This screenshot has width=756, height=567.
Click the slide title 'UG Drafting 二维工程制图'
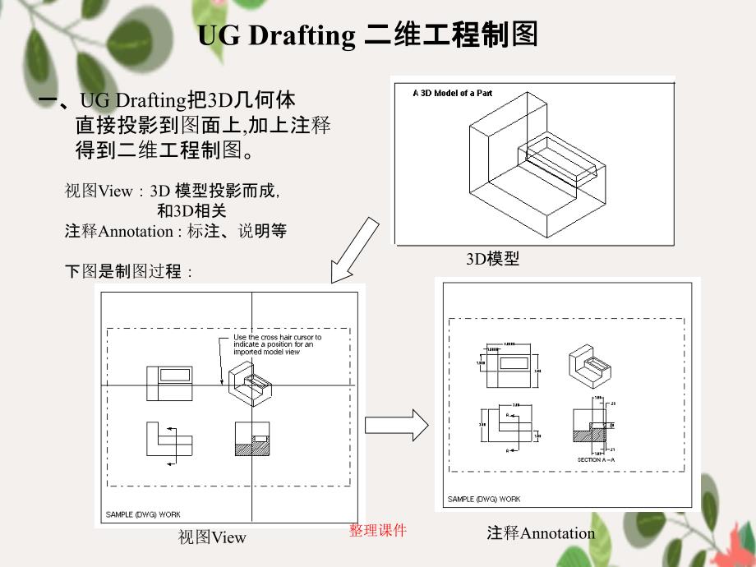coord(367,35)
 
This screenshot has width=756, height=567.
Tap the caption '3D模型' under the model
coord(493,259)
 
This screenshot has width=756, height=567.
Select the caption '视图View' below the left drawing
coord(212,537)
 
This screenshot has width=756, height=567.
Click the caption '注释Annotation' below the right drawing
coord(541,533)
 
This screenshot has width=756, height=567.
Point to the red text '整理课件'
coord(378,531)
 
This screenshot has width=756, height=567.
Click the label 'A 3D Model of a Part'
coord(452,94)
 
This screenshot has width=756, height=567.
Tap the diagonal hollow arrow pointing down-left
coord(354,250)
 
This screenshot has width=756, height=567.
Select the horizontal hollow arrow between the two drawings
coord(396,426)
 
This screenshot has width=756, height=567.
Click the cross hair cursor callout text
coord(277,344)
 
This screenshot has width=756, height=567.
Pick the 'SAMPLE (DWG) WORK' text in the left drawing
coord(142,515)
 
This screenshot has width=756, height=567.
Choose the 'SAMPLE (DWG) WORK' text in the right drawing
coord(484,499)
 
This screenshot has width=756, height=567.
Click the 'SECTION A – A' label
coord(596,459)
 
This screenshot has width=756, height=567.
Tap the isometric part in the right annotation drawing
coord(588,366)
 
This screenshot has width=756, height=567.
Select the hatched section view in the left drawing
coord(251,440)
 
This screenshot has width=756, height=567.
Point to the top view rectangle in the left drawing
coord(169,383)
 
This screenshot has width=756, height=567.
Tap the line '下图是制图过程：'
coord(129,272)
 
